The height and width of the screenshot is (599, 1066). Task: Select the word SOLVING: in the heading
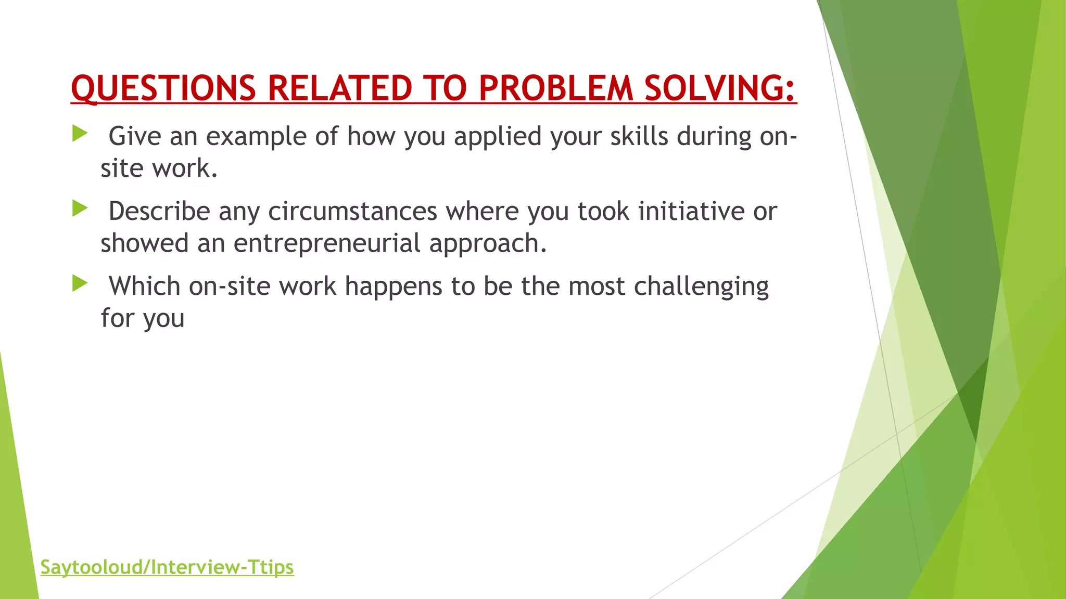720,88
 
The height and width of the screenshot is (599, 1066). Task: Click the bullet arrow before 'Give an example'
80,134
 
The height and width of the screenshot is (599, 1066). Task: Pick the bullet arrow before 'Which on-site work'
80,283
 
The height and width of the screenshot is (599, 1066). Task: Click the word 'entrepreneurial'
326,243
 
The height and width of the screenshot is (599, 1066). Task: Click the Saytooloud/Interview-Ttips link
167,567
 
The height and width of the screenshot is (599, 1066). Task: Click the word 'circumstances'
352,211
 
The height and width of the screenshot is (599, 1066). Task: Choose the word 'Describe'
159,211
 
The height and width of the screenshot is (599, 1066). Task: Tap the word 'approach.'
488,243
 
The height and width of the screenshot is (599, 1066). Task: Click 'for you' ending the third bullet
143,318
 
